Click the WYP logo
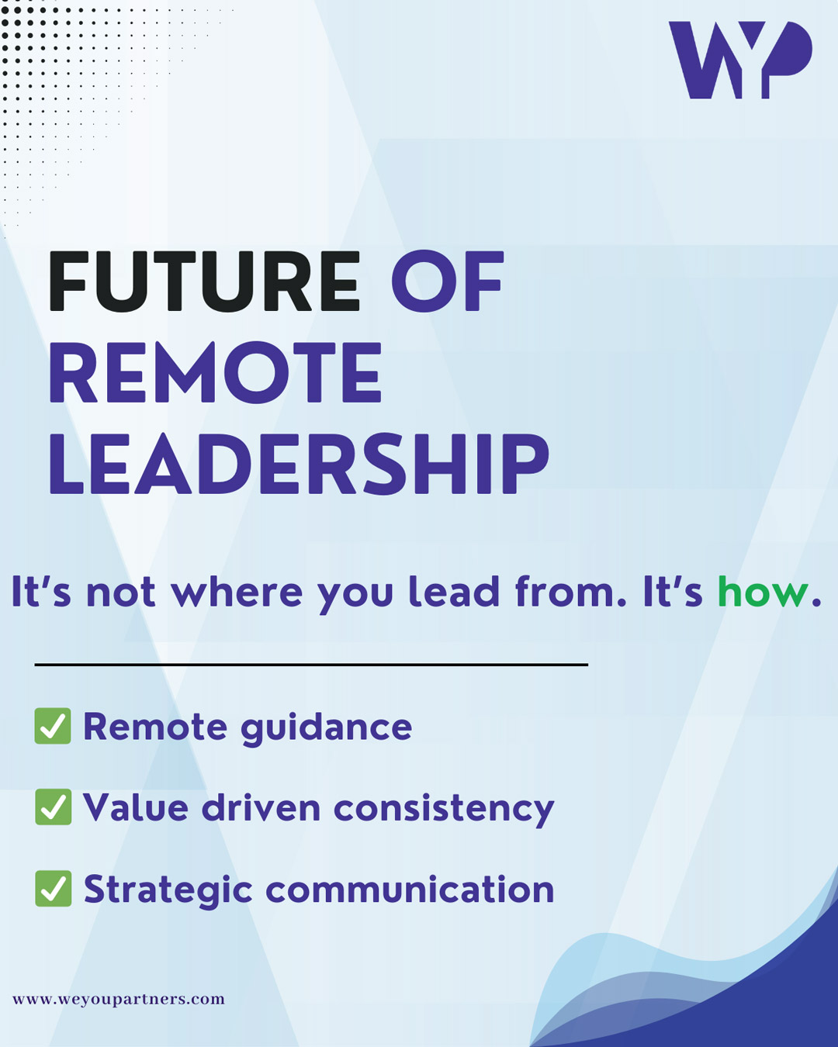(740, 60)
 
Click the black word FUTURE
(205, 282)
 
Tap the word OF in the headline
(447, 282)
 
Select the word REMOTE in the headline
(215, 372)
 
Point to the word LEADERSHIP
(299, 464)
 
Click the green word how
(763, 592)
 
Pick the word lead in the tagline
(454, 592)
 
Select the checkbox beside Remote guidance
(53, 726)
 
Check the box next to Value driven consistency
(53, 807)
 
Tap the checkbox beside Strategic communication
(53, 888)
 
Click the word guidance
(326, 728)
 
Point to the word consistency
(444, 810)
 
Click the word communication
(410, 890)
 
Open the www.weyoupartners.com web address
(119, 1000)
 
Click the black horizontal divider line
(311, 664)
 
